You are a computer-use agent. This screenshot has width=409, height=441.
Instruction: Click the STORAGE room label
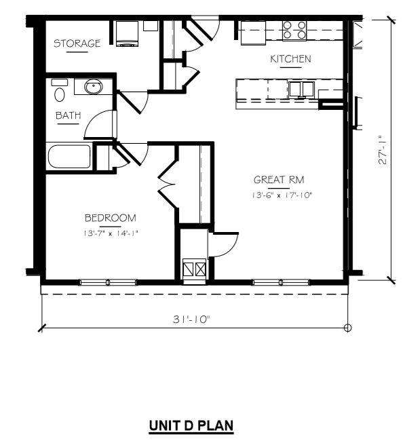[x=77, y=43]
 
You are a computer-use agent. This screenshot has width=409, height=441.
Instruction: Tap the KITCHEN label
[x=290, y=59]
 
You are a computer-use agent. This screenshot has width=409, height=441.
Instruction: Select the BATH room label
[x=68, y=116]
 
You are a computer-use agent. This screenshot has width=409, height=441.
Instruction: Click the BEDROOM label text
[x=110, y=218]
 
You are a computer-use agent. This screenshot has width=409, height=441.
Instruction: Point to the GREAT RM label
[x=278, y=180]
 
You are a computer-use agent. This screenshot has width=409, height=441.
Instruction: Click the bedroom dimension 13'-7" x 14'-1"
[x=110, y=233]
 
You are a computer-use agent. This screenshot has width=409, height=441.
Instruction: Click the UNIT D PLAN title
[x=191, y=426]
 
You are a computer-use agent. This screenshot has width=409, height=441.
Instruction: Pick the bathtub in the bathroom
[x=69, y=157]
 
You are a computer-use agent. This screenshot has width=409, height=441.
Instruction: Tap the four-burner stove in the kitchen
[x=294, y=29]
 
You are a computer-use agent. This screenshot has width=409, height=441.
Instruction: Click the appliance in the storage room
[x=126, y=34]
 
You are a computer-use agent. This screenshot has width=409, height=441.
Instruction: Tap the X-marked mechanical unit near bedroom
[x=195, y=269]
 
